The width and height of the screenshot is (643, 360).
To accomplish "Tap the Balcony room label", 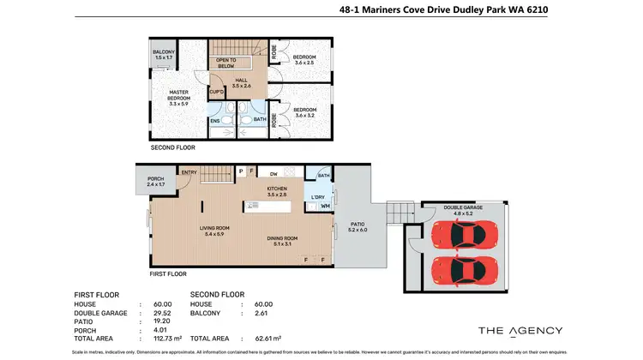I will pos(164,55).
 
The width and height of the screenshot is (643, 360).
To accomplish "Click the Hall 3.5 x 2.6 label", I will pos(243,83).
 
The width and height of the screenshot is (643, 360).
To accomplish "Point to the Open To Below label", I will pos(226,63).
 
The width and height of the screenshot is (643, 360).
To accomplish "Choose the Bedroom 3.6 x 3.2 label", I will pos(306,111).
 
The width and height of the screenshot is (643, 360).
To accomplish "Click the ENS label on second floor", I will pos(214,120).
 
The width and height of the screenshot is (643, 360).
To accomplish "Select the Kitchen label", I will pos(276,191).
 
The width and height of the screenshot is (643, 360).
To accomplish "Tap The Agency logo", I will pos(520,330).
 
